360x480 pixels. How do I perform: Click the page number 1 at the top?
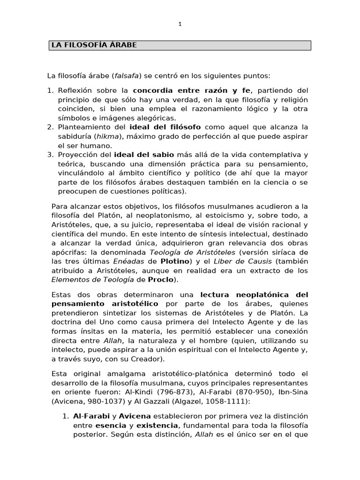[x=180, y=24]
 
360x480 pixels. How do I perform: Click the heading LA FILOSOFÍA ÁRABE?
[x=94, y=45]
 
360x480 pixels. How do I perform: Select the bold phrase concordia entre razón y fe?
[x=192, y=90]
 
